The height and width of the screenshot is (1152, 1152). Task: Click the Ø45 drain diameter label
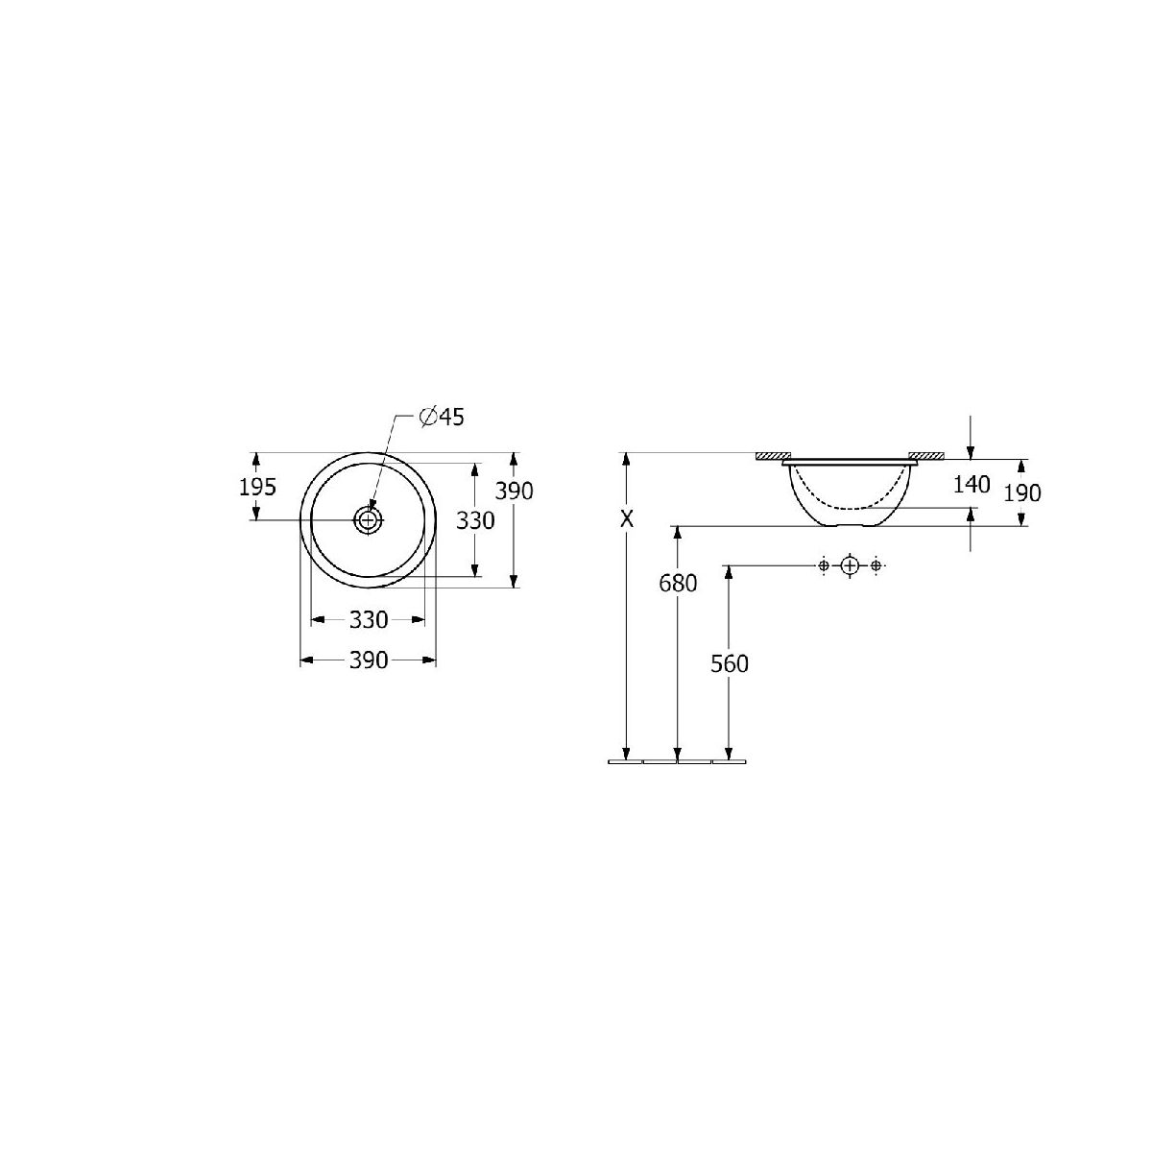pyautogui.click(x=442, y=417)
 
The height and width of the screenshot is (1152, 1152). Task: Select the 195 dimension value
pyautogui.click(x=257, y=488)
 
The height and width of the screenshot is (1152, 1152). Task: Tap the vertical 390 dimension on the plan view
pyautogui.click(x=514, y=491)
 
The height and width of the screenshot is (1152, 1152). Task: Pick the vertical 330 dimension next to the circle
pyautogui.click(x=475, y=520)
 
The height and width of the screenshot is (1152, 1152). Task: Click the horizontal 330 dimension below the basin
pyautogui.click(x=369, y=620)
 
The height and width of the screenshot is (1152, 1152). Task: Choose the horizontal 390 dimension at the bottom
pyautogui.click(x=369, y=660)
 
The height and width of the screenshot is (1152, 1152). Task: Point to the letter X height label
pyautogui.click(x=627, y=519)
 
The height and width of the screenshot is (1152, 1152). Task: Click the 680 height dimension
pyautogui.click(x=678, y=583)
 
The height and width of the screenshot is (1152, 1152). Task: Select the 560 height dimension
pyautogui.click(x=730, y=663)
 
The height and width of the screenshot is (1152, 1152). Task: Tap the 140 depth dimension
pyautogui.click(x=972, y=484)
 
